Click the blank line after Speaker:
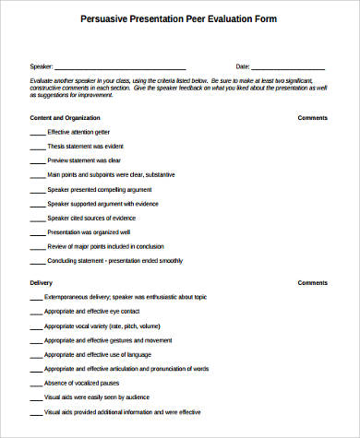point(121,68)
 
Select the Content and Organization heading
point(65,118)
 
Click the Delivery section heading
point(42,283)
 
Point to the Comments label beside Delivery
point(313,283)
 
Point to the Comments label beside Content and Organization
point(313,118)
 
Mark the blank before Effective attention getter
point(37,134)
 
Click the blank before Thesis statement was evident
point(37,148)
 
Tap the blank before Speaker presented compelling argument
point(37,189)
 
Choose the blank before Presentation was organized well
point(37,232)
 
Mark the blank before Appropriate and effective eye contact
point(37,313)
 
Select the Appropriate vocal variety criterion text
point(102,326)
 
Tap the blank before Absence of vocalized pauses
point(37,384)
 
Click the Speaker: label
point(42,67)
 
